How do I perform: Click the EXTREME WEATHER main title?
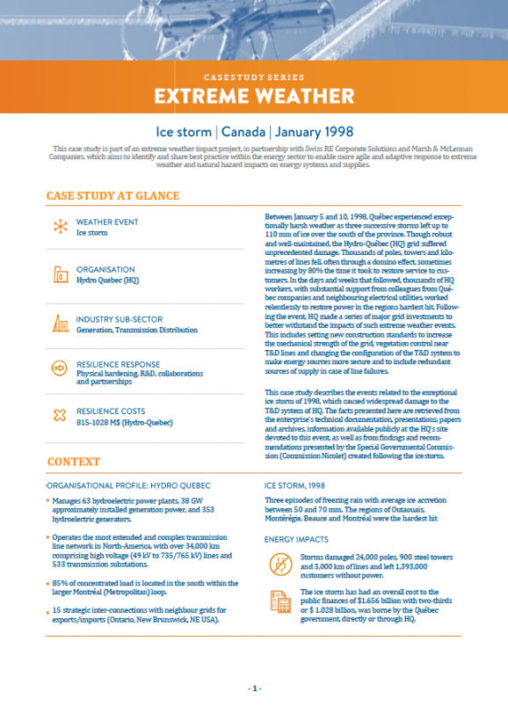point(254,94)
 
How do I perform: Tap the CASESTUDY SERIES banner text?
point(253,77)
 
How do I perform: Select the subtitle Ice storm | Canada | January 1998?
point(254,131)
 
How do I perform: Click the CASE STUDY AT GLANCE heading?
point(113,195)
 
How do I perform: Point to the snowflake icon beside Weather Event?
point(61,227)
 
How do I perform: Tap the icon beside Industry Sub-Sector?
point(61,323)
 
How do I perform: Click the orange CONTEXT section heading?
point(74,462)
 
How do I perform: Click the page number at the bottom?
point(254,688)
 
